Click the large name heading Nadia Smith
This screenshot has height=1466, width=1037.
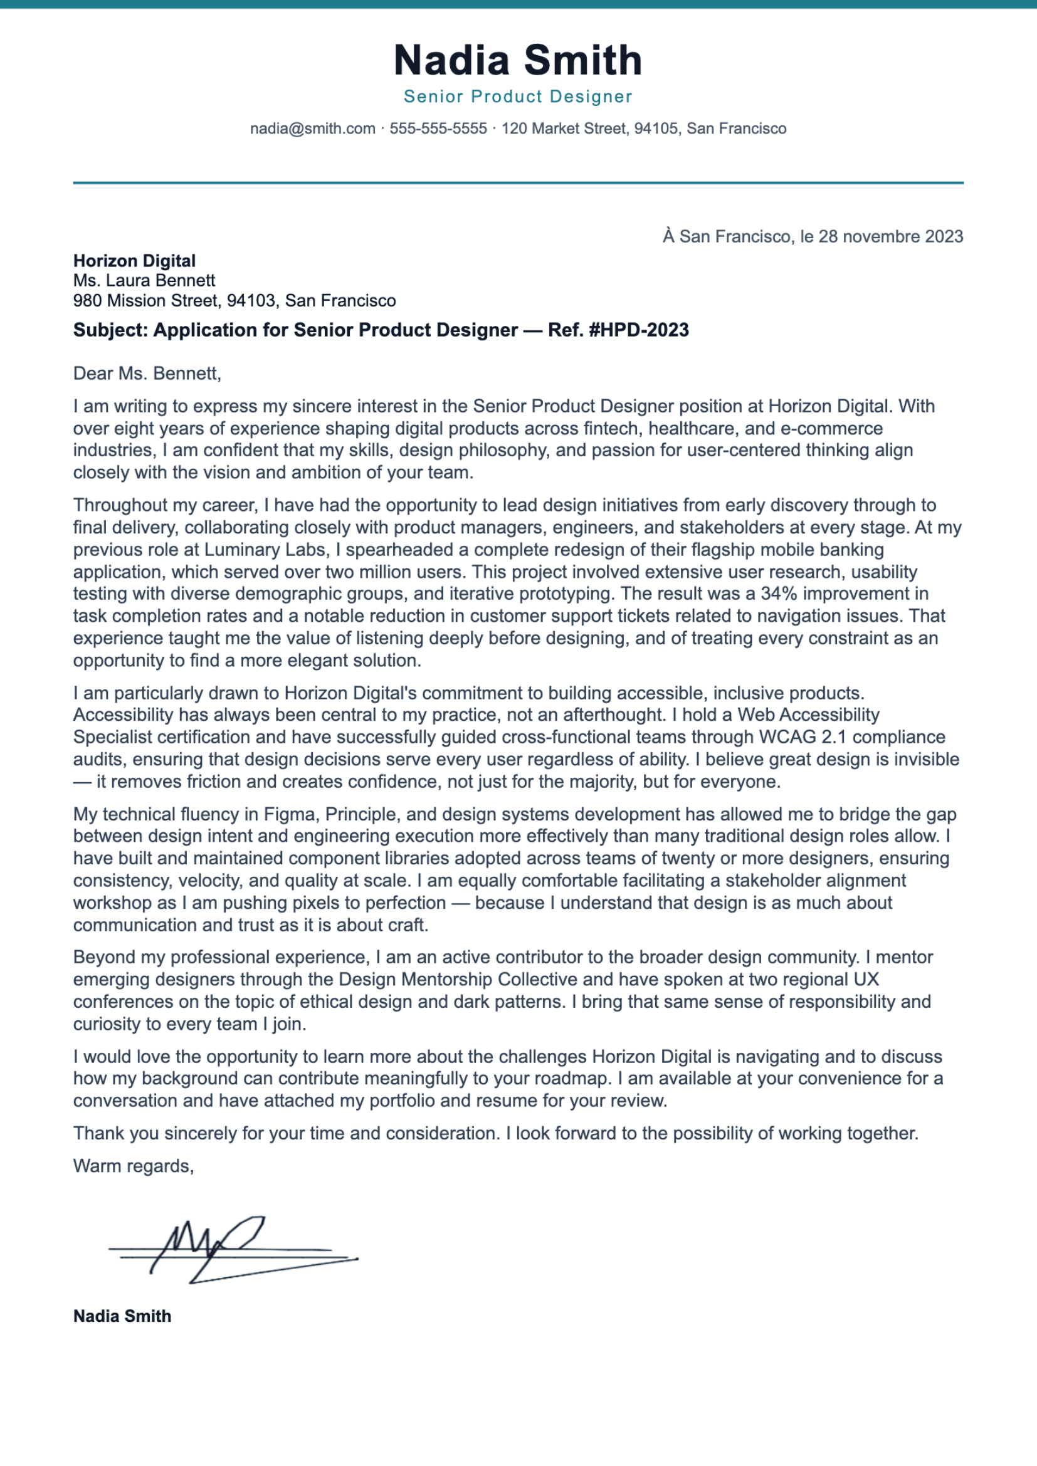coord(518,61)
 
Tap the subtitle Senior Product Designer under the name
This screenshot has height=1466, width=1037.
coord(518,97)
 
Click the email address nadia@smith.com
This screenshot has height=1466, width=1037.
coord(312,128)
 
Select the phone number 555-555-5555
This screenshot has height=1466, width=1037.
coord(438,128)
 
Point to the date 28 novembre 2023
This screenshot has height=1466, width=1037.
coord(890,236)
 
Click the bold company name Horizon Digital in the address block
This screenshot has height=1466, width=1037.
coord(134,261)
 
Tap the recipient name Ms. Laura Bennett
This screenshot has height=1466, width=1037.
coord(144,280)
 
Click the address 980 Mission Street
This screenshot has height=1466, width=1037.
coord(145,300)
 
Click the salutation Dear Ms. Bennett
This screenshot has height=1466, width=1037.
coord(147,373)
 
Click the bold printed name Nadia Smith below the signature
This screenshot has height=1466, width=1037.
coord(122,1316)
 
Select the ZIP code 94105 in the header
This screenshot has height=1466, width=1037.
coord(656,128)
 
